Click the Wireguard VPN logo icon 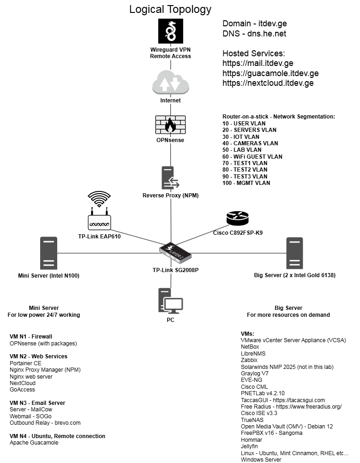(x=171, y=32)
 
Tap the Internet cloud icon (x=171, y=83)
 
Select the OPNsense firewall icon (x=170, y=125)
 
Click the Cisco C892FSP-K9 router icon (x=237, y=218)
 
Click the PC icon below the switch (x=170, y=301)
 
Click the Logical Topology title (x=170, y=9)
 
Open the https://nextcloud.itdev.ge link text (x=268, y=83)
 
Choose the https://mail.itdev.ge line (x=258, y=63)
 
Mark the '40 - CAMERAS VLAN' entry (x=250, y=143)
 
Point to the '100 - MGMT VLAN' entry (x=246, y=183)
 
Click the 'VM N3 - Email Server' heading (x=37, y=403)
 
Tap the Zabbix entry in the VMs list (x=249, y=360)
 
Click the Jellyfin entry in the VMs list (x=250, y=446)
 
